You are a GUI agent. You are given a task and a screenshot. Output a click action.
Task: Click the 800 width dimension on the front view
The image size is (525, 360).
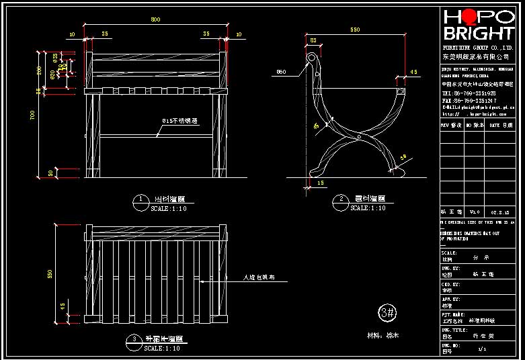(x=156, y=19)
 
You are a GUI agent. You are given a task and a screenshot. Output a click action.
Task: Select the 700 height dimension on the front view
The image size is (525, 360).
(x=32, y=116)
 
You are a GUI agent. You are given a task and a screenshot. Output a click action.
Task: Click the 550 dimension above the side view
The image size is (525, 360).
(x=356, y=30)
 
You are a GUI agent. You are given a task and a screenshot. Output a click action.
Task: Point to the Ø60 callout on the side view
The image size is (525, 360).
(x=281, y=71)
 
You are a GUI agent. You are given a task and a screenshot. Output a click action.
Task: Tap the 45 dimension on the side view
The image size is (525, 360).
(x=413, y=71)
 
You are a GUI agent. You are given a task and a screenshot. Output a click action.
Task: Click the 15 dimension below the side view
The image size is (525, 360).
(x=320, y=183)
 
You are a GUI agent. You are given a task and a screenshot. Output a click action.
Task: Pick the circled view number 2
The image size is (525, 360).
(x=341, y=199)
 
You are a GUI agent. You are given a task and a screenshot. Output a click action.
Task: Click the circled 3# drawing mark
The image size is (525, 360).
(x=387, y=312)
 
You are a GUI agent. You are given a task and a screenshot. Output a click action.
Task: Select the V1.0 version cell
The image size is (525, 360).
(x=475, y=210)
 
